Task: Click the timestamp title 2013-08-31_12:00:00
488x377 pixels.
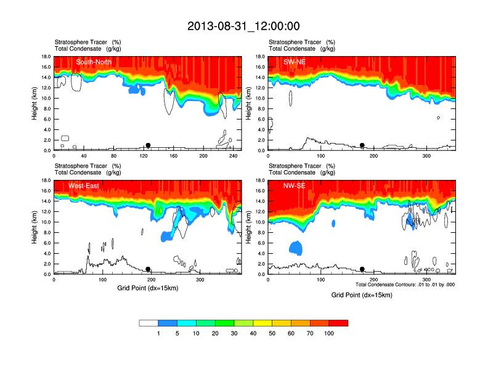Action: (243, 26)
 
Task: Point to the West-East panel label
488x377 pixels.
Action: (89, 186)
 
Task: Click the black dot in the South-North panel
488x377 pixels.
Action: (148, 145)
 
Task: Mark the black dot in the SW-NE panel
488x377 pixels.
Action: (362, 145)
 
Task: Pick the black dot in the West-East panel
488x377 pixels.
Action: (148, 269)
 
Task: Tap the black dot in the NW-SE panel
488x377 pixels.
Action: (362, 269)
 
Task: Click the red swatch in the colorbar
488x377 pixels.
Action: (338, 323)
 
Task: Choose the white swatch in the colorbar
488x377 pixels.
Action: (148, 323)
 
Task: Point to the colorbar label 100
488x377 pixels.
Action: (329, 333)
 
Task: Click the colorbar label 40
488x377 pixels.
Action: (253, 333)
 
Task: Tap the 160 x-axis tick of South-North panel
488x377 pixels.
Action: (174, 156)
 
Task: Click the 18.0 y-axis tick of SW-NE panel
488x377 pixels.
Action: (260, 57)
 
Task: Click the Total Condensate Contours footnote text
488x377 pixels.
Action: (405, 284)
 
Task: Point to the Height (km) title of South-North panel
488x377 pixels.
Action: (35, 103)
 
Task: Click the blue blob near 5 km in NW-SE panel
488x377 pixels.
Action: (296, 248)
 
